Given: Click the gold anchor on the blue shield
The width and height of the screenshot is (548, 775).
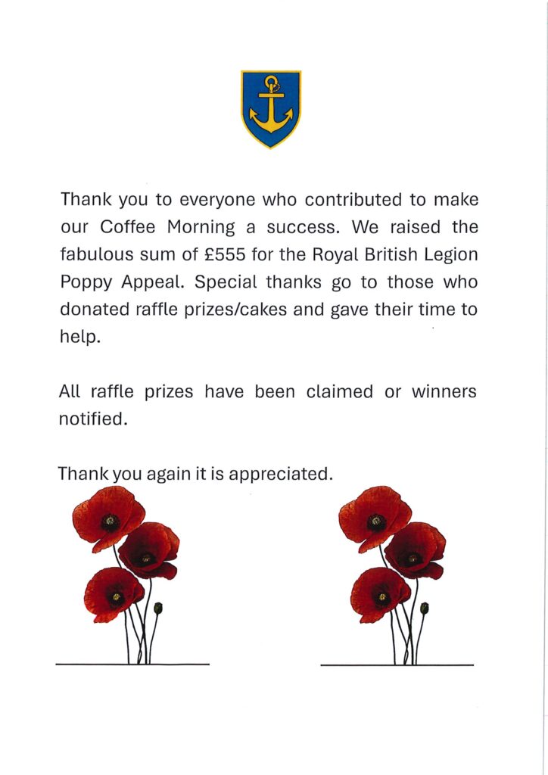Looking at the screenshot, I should click(x=271, y=107).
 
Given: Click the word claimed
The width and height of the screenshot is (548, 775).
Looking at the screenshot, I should click(x=340, y=392).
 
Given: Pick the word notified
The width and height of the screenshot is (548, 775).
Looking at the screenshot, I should click(x=92, y=419).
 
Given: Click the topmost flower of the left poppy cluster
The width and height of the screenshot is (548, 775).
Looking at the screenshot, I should click(x=108, y=517).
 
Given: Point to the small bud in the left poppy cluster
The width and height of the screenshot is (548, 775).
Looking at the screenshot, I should click(x=158, y=608).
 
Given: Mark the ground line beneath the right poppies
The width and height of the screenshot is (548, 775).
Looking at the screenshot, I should click(x=397, y=665).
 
